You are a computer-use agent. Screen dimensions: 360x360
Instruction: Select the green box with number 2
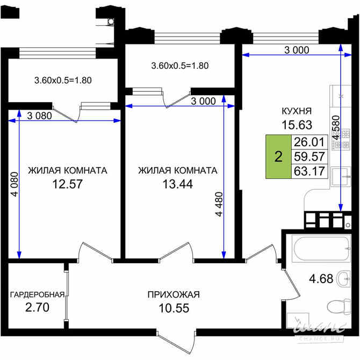click(x=278, y=157)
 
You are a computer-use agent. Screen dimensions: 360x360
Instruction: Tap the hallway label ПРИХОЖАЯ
click(x=174, y=294)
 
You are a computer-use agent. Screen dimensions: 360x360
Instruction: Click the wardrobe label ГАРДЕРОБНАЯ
click(x=37, y=294)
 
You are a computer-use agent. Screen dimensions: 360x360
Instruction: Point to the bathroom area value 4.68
click(x=321, y=279)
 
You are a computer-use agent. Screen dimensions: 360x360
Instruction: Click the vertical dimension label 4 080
click(x=14, y=185)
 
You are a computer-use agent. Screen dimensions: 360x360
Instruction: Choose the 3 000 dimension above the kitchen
click(x=296, y=51)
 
